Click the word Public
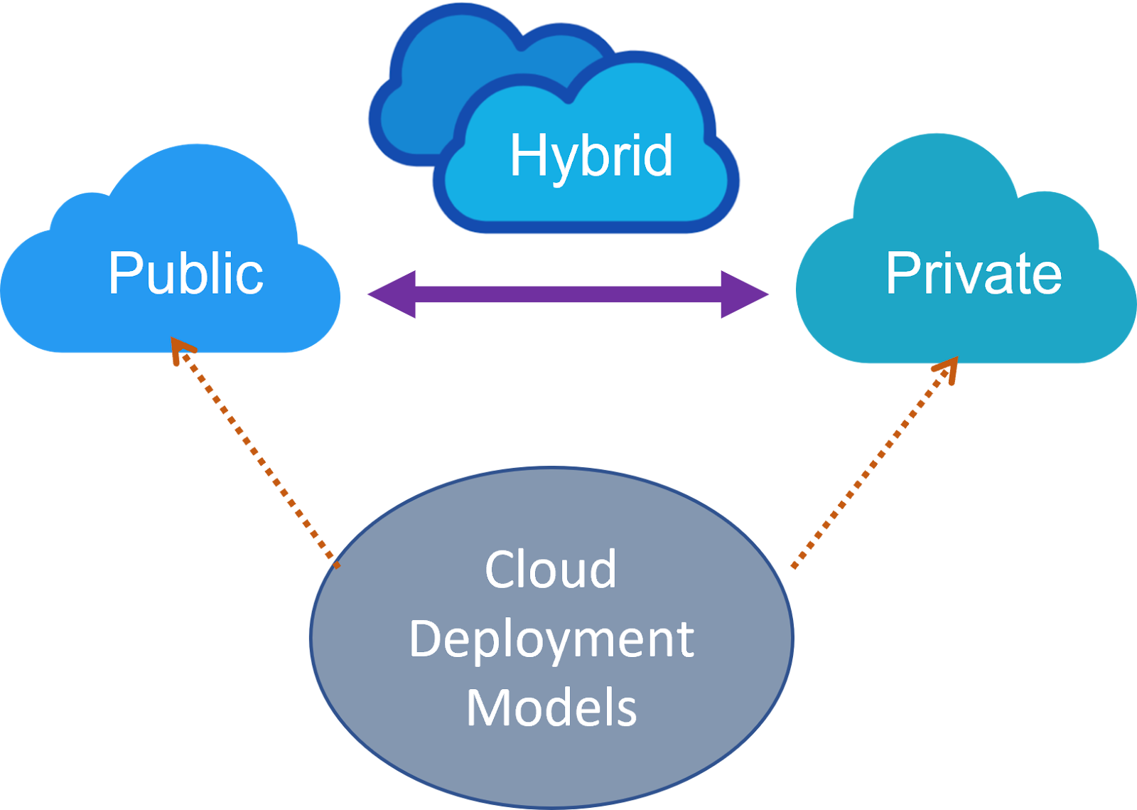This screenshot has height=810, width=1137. (185, 273)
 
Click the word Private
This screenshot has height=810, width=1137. (973, 273)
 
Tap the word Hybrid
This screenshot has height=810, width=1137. (591, 156)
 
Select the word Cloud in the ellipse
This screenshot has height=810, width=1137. (551, 570)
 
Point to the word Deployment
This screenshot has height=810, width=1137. (551, 639)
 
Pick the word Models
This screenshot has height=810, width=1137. (551, 708)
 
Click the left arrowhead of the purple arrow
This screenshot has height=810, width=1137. (390, 294)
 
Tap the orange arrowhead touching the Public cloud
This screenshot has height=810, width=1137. (182, 349)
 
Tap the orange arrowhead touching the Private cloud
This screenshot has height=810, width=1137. (948, 367)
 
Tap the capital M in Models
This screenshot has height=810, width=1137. (486, 708)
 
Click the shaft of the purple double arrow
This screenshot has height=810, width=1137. (568, 294)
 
